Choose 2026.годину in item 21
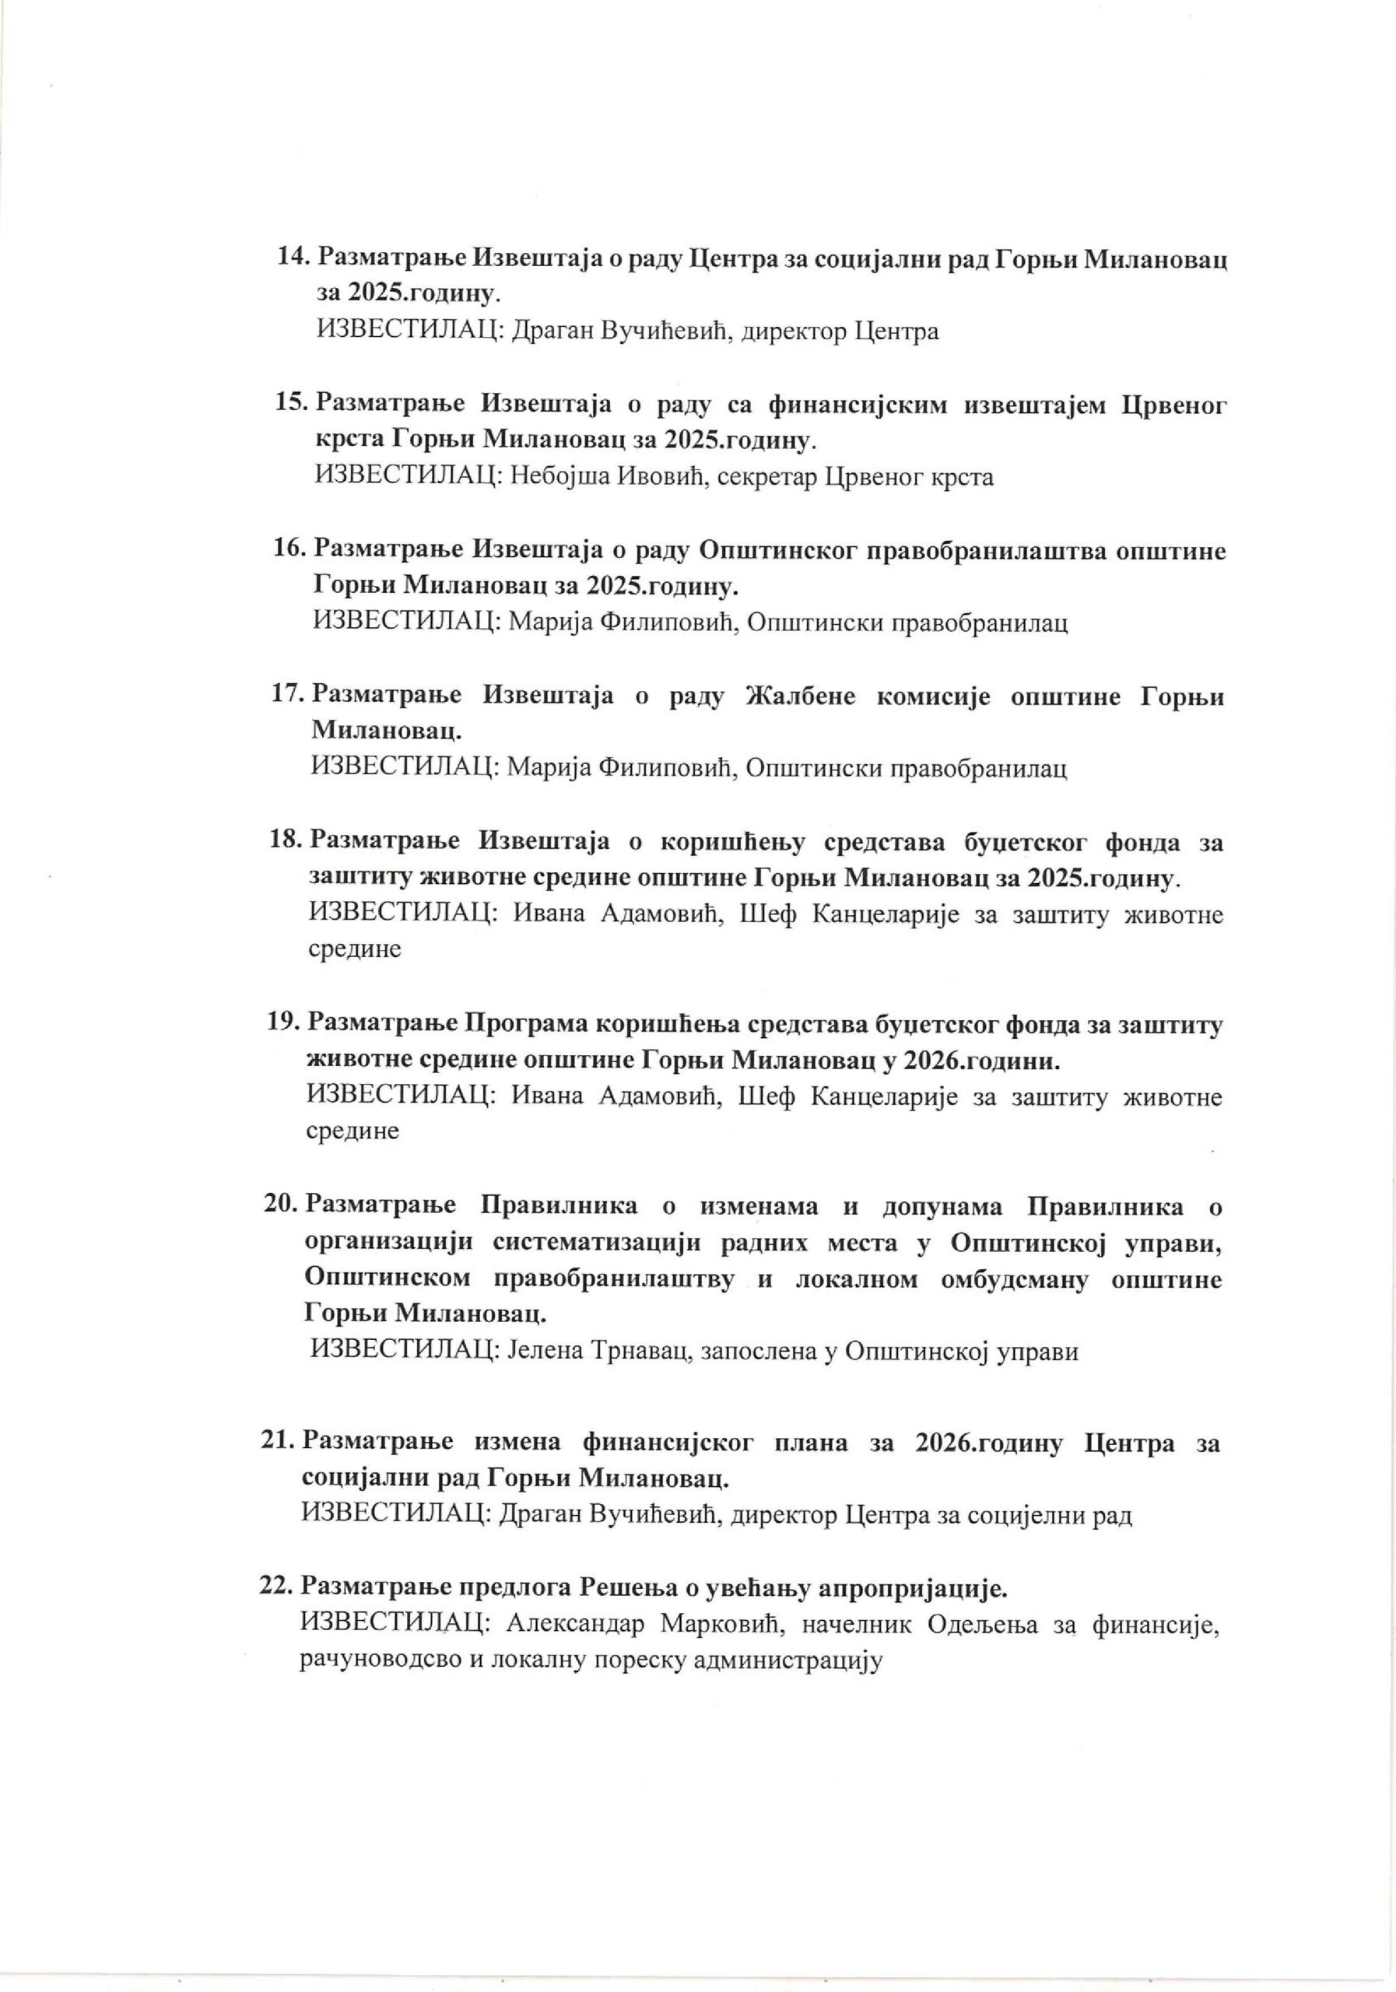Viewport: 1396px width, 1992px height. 987,1443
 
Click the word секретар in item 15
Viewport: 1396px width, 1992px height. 767,476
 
